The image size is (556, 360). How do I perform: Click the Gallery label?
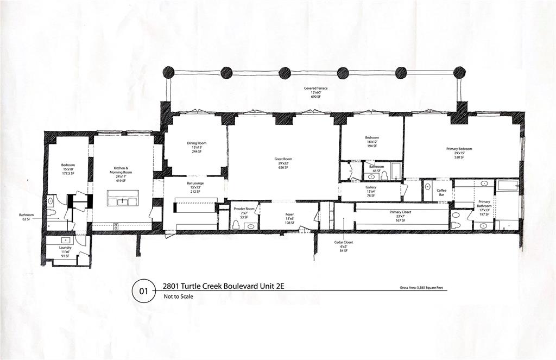coord(371,191)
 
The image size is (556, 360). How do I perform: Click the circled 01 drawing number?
coord(144,292)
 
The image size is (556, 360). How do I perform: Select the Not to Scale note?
coord(178,297)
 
